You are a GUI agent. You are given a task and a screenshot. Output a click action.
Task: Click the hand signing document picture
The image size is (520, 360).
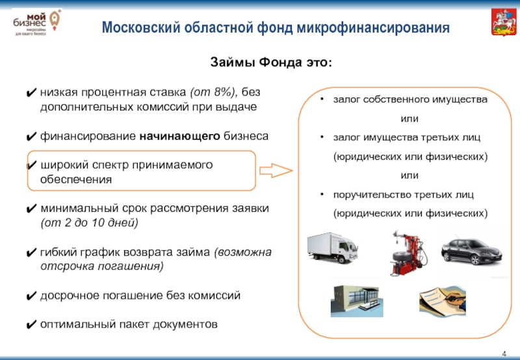[445, 300]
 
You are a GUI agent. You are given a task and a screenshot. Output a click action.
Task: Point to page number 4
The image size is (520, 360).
[504, 353]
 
